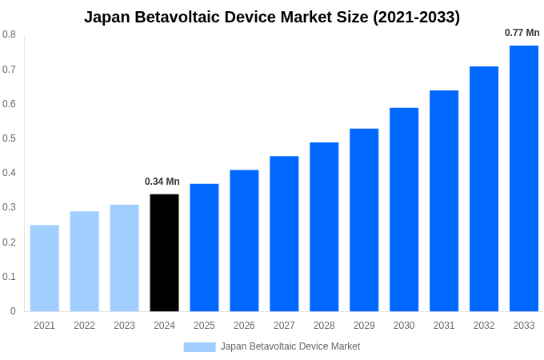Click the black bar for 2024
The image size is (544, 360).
click(164, 253)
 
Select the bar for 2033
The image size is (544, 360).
click(524, 178)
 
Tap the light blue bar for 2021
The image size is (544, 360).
click(45, 268)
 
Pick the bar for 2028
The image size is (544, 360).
click(324, 227)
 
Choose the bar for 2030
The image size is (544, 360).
click(404, 210)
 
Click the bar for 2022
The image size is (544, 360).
click(84, 262)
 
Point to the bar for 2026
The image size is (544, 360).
click(244, 241)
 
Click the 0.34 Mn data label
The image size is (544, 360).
click(162, 182)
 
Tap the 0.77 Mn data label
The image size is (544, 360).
click(522, 33)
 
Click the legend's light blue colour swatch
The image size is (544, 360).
click(199, 347)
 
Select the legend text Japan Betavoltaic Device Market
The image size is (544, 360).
click(290, 346)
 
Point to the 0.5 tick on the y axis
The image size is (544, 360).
click(9, 138)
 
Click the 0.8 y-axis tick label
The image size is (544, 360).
click(9, 34)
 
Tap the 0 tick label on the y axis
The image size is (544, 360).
click(12, 311)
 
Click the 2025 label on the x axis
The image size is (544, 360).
click(204, 326)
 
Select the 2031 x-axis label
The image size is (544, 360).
click(444, 326)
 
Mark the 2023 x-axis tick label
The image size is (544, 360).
click(124, 326)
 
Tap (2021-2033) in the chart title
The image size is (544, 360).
click(416, 17)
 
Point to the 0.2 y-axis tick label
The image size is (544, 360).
click(9, 242)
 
